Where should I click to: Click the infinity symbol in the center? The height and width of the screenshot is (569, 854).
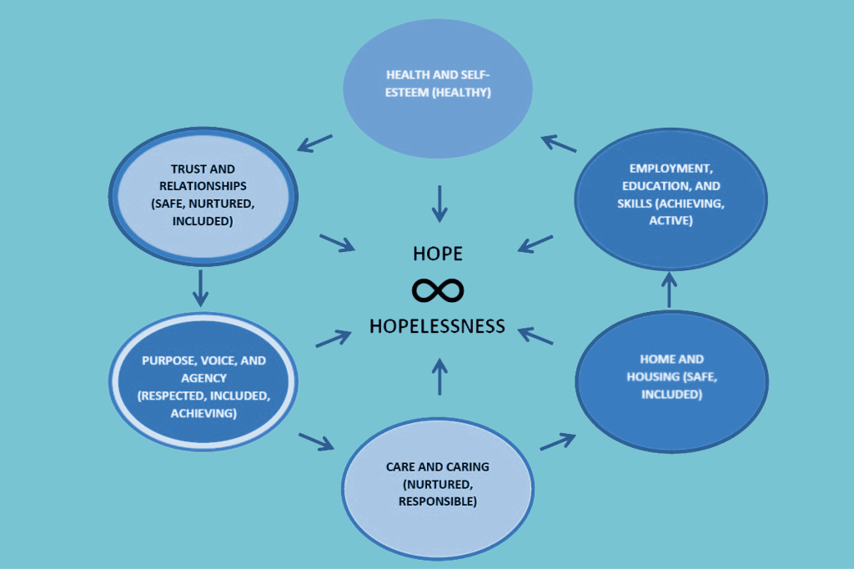point(438,290)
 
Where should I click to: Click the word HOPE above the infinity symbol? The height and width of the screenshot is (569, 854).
point(438,254)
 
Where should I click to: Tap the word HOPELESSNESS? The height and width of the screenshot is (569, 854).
point(438,325)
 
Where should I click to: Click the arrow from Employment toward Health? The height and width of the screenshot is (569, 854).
point(558,143)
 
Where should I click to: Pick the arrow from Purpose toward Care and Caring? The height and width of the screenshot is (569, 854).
point(315,440)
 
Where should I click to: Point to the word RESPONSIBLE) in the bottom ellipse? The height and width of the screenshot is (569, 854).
point(438,501)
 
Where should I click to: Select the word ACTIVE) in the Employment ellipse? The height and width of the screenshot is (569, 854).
point(672,220)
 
